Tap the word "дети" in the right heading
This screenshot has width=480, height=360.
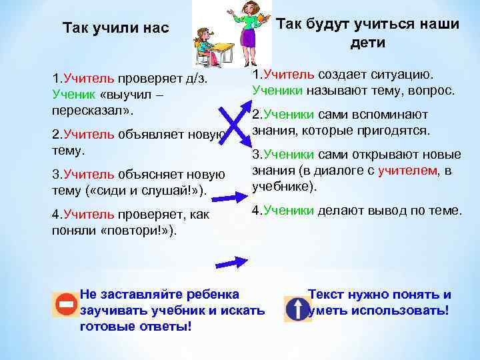(367, 43)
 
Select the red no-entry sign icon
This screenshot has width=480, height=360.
(66, 306)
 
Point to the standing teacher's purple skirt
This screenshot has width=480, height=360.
(248, 37)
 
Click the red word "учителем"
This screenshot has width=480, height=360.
(407, 171)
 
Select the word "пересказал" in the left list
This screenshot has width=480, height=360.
(83, 109)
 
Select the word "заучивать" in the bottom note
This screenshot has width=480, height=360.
(111, 310)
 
